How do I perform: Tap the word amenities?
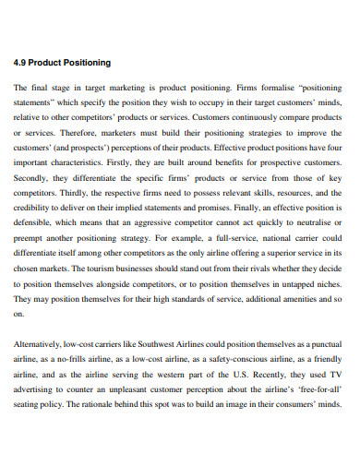tap(300, 298)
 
